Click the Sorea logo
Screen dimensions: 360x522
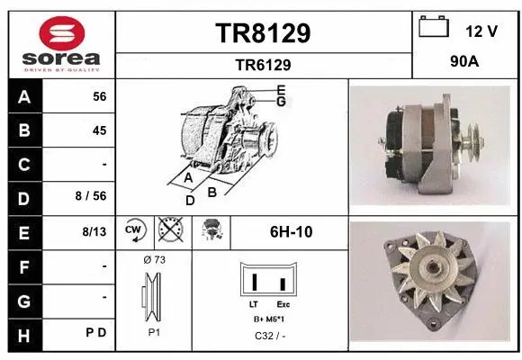58,42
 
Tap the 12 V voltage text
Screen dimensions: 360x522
481,31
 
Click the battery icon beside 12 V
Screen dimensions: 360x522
434,28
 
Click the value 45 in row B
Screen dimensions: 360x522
99,130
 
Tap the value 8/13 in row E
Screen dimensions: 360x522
94,231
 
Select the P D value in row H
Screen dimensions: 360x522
97,332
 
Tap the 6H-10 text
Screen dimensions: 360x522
291,232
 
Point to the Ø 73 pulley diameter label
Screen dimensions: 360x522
154,259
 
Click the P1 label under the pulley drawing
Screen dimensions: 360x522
154,331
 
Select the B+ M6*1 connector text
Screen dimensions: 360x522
270,320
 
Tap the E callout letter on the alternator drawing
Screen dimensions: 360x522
281,89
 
